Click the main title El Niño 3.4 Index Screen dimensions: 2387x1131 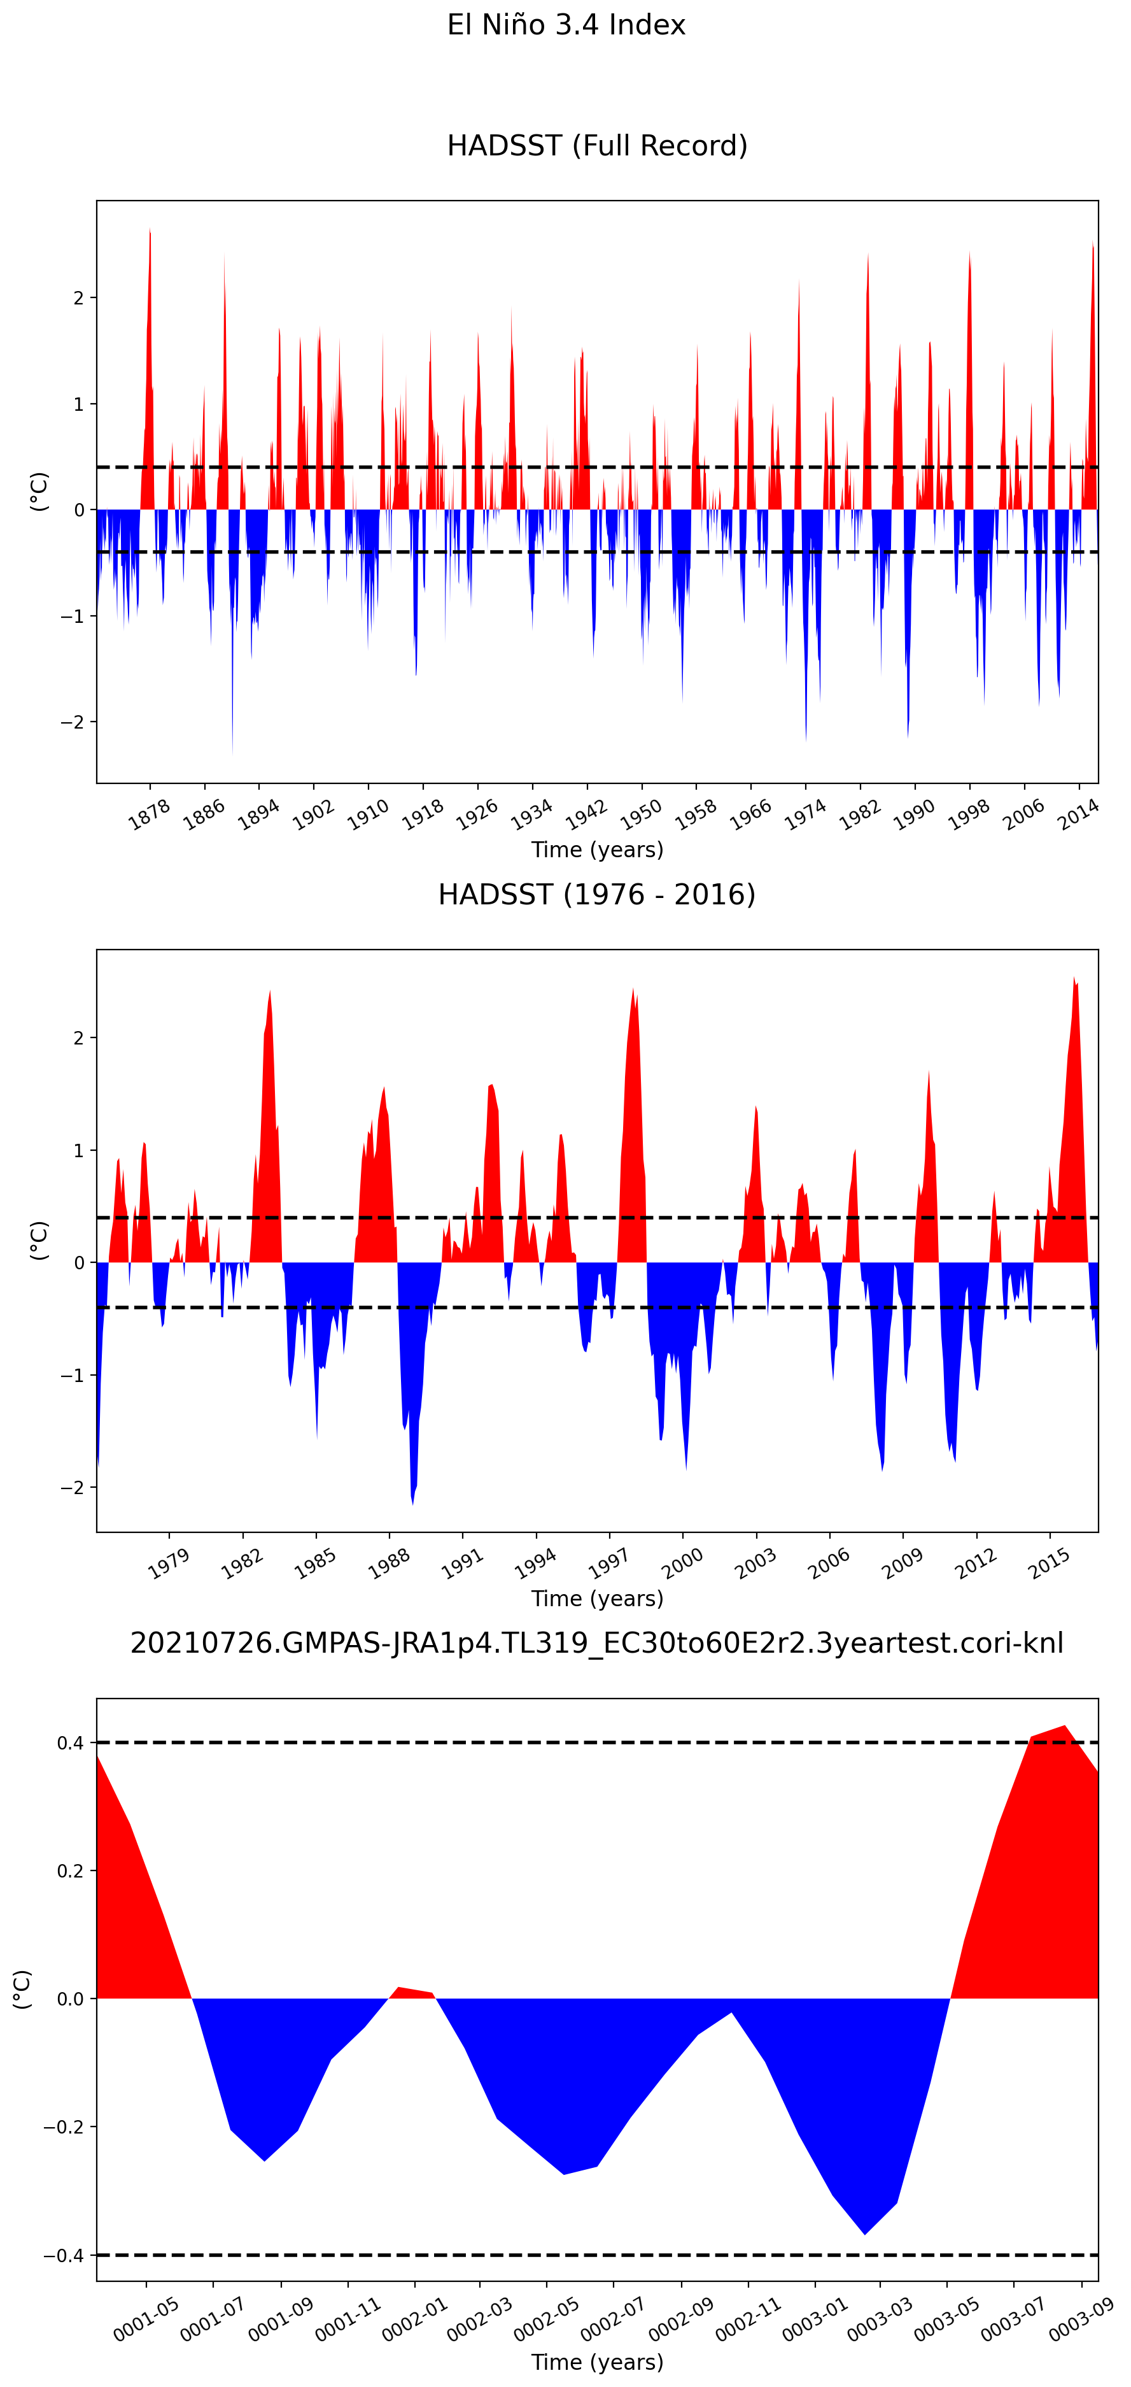(x=566, y=25)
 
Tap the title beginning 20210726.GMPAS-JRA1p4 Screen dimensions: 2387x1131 (x=596, y=1643)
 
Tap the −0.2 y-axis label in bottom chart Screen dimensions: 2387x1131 (x=64, y=2127)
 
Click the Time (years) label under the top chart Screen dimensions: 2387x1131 (x=596, y=850)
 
